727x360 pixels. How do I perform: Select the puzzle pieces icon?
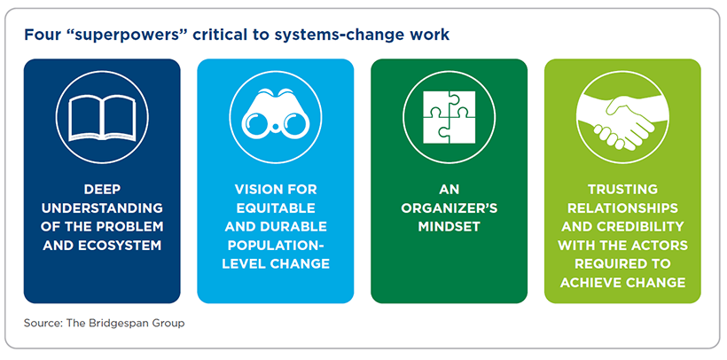(x=449, y=117)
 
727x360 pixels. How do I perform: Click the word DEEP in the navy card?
(x=102, y=189)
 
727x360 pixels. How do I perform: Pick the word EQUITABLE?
(x=276, y=207)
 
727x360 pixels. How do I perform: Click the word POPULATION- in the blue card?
(x=276, y=246)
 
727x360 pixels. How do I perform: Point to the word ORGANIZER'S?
(x=449, y=207)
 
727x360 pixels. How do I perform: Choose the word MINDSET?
(x=449, y=227)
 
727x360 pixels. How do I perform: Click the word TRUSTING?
(x=622, y=189)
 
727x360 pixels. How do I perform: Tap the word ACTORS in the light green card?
(x=661, y=245)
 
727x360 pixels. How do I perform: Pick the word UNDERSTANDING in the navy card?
(x=102, y=207)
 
